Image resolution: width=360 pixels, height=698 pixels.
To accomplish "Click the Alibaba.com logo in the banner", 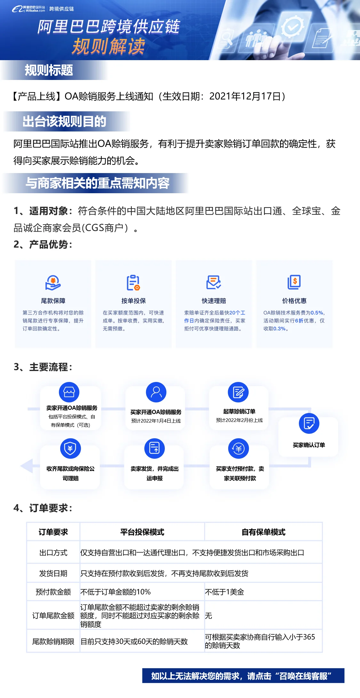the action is (28, 9).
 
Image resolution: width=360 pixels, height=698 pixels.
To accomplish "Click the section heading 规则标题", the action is (49, 70).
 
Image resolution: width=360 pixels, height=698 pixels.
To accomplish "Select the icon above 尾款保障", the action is (53, 283).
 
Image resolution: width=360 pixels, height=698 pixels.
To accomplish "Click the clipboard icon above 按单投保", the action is (133, 283).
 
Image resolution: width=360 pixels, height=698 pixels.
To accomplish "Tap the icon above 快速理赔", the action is (213, 282).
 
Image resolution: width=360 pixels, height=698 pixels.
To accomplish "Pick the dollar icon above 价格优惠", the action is (294, 282).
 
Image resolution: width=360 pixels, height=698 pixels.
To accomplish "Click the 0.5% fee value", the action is (317, 313).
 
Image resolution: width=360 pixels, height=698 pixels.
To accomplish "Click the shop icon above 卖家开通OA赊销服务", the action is (69, 392).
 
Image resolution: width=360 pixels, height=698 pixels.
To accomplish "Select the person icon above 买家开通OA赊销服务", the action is (156, 392).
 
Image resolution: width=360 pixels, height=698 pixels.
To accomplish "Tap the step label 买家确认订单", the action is (309, 445).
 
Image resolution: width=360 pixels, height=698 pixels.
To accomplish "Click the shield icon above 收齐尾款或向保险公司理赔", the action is (70, 448).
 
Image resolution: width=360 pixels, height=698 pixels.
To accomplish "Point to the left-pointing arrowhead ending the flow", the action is (26, 466).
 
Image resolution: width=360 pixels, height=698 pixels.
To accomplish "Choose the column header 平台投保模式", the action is (142, 532).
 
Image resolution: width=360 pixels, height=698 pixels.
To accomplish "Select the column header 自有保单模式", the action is (263, 532).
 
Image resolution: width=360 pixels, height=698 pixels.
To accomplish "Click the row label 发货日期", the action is (53, 573).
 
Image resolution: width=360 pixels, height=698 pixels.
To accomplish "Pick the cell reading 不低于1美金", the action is (225, 592).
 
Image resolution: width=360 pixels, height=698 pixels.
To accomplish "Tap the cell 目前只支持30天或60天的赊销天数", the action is (134, 641).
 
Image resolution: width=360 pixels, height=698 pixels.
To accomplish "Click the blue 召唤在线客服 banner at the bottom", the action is (243, 676).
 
